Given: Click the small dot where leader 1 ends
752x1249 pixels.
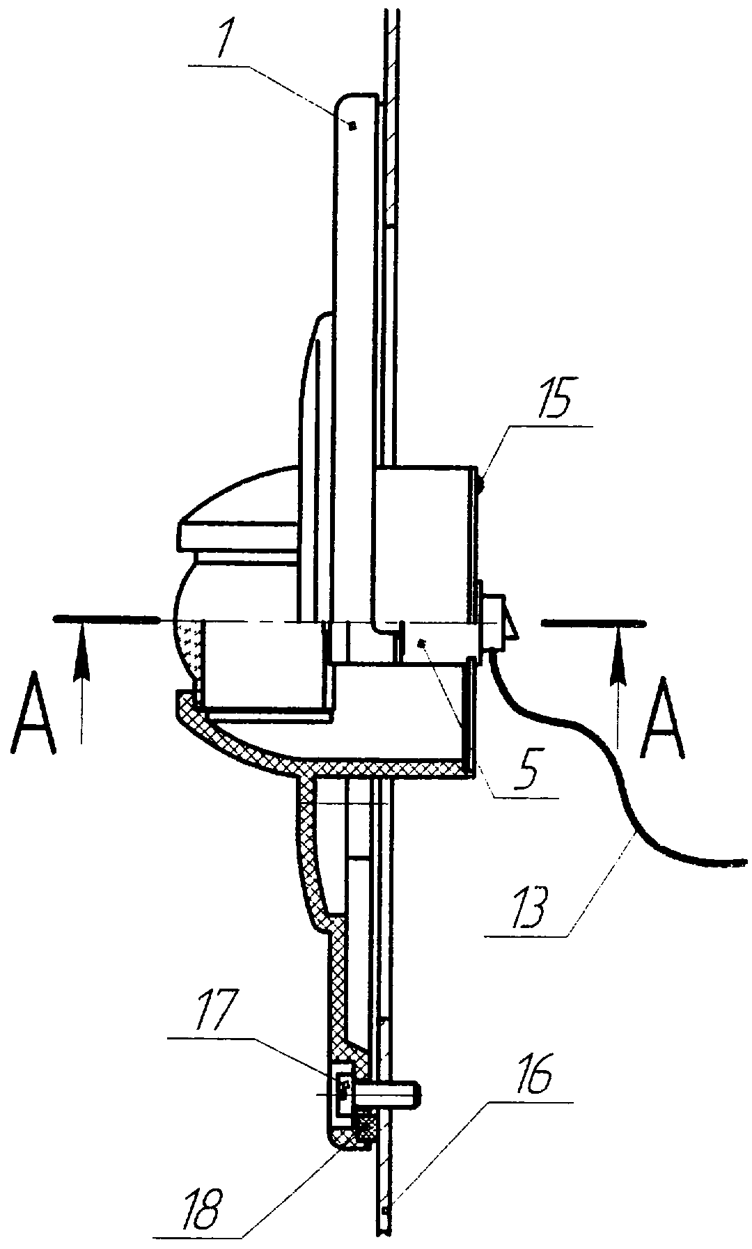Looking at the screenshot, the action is [x=352, y=126].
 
